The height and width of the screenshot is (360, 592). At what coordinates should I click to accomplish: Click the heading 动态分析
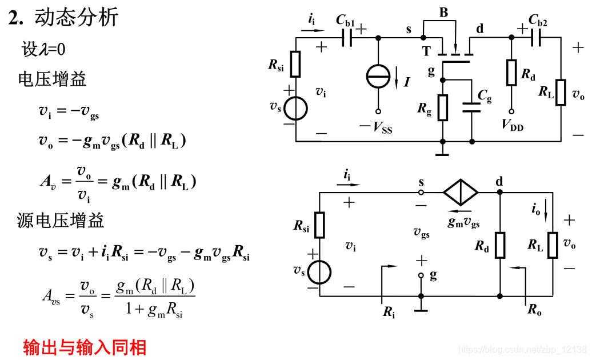coord(77,18)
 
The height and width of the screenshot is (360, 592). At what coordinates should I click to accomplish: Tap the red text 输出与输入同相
coord(85,347)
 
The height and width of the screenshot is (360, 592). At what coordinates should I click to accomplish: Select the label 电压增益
coord(52,79)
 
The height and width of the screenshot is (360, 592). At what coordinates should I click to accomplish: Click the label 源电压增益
coord(61,220)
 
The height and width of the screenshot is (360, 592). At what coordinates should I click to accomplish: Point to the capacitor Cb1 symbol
coord(346,38)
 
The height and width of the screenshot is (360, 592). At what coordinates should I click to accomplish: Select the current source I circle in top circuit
coord(378,77)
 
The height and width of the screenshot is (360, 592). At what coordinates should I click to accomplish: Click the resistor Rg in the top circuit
coord(442,108)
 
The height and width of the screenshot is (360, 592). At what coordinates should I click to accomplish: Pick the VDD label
coord(513,125)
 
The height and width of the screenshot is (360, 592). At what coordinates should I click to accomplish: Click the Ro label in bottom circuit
coord(534,310)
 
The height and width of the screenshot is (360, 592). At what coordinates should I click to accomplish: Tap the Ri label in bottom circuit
coord(389,311)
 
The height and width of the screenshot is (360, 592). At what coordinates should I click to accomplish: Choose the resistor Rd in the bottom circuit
coord(500,245)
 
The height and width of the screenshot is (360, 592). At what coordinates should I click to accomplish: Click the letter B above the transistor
coord(443,13)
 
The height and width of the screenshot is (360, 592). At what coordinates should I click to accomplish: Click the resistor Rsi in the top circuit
coord(295,64)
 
